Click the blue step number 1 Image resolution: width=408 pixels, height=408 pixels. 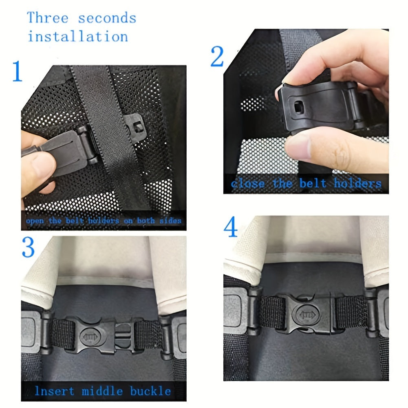(17, 72)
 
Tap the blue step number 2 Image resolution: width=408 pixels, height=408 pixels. (217, 57)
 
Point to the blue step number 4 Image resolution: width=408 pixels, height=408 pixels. (231, 228)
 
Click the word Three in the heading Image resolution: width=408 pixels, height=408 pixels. (47, 18)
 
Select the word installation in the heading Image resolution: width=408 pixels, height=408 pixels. (78, 36)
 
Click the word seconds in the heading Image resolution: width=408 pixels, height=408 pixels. (107, 18)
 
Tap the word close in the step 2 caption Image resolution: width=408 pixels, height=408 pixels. (247, 183)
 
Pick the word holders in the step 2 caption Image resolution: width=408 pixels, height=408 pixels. (357, 183)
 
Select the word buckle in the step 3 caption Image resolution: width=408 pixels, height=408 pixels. (150, 392)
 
